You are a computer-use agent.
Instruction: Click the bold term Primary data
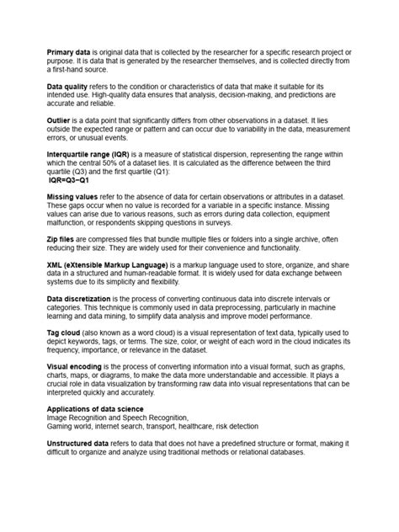tap(66, 52)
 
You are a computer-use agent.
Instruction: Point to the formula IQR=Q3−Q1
tap(70, 179)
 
